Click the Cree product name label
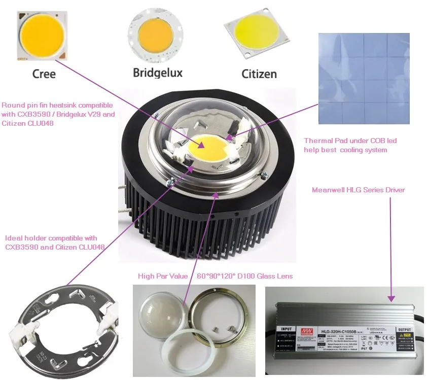(x=44, y=74)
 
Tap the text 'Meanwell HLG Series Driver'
(x=359, y=190)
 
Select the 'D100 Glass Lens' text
(x=266, y=276)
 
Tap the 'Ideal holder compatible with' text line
(x=51, y=238)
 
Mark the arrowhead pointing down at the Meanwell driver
(x=391, y=298)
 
